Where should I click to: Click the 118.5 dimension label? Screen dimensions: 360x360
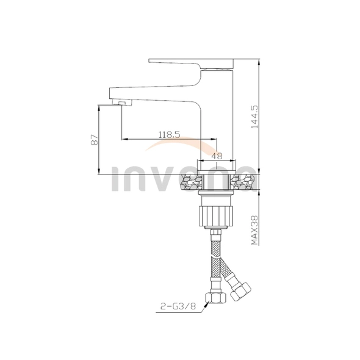168,135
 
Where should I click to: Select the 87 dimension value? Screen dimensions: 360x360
94,140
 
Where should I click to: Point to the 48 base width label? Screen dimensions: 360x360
217,156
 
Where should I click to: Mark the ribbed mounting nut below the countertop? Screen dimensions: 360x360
216,214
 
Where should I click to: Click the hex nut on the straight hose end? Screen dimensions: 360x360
216,298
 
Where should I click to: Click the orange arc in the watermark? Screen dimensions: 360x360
177,146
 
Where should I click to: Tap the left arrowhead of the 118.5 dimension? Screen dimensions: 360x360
124,140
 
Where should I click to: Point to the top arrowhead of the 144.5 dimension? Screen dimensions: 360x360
259,62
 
